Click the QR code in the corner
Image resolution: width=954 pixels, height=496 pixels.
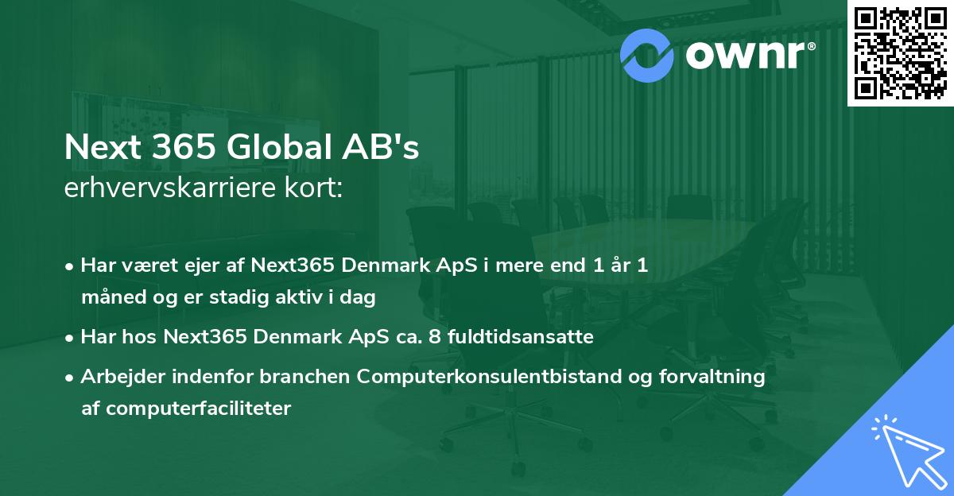click(x=901, y=52)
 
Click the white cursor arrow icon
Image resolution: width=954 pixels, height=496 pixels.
click(x=906, y=449)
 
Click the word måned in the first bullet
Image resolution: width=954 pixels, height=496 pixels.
click(x=108, y=298)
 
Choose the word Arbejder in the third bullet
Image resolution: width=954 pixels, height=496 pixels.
click(x=116, y=377)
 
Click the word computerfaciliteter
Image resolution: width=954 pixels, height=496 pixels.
click(x=186, y=409)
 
